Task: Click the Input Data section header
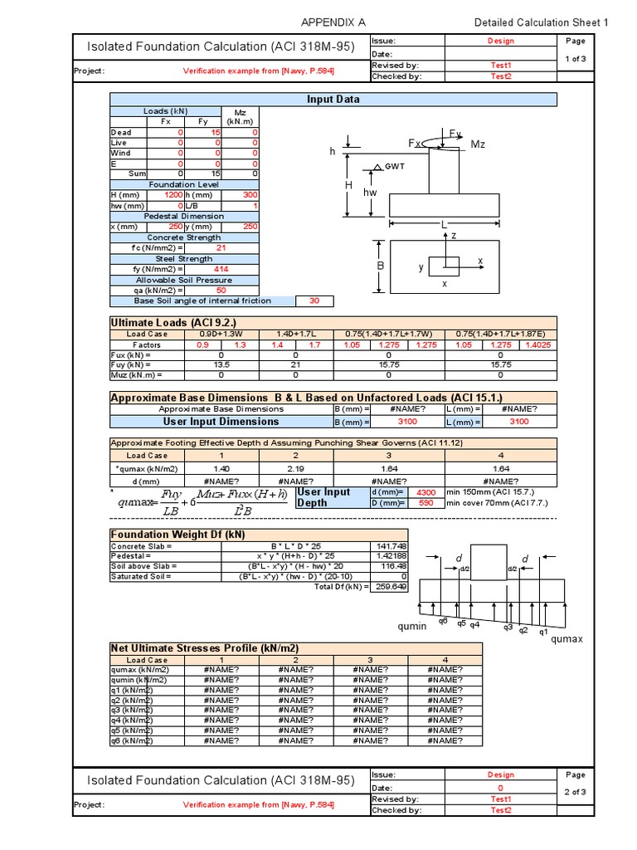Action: coord(334,99)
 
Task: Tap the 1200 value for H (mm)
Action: coord(172,194)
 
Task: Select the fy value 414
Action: coord(221,269)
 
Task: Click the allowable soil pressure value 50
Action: coord(221,291)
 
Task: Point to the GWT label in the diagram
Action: coord(393,167)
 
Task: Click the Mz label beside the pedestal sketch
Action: coord(478,144)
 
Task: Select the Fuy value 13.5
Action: coord(221,364)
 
